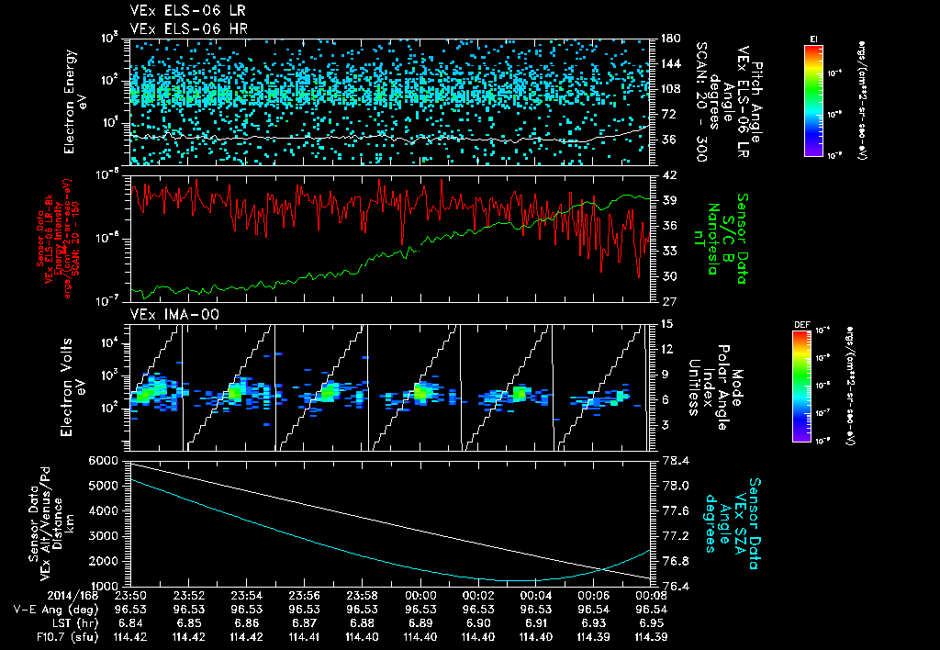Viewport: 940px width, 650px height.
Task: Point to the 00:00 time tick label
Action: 420,594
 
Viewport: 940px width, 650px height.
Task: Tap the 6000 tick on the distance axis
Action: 104,460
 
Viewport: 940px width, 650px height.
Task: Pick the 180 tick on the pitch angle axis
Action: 670,39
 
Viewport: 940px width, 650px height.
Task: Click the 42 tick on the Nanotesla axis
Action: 668,174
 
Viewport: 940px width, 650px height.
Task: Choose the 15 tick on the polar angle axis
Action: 667,324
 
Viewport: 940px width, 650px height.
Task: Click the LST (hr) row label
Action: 41,622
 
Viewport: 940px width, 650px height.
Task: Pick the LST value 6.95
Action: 651,622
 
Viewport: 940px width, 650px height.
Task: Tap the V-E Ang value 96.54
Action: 651,608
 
